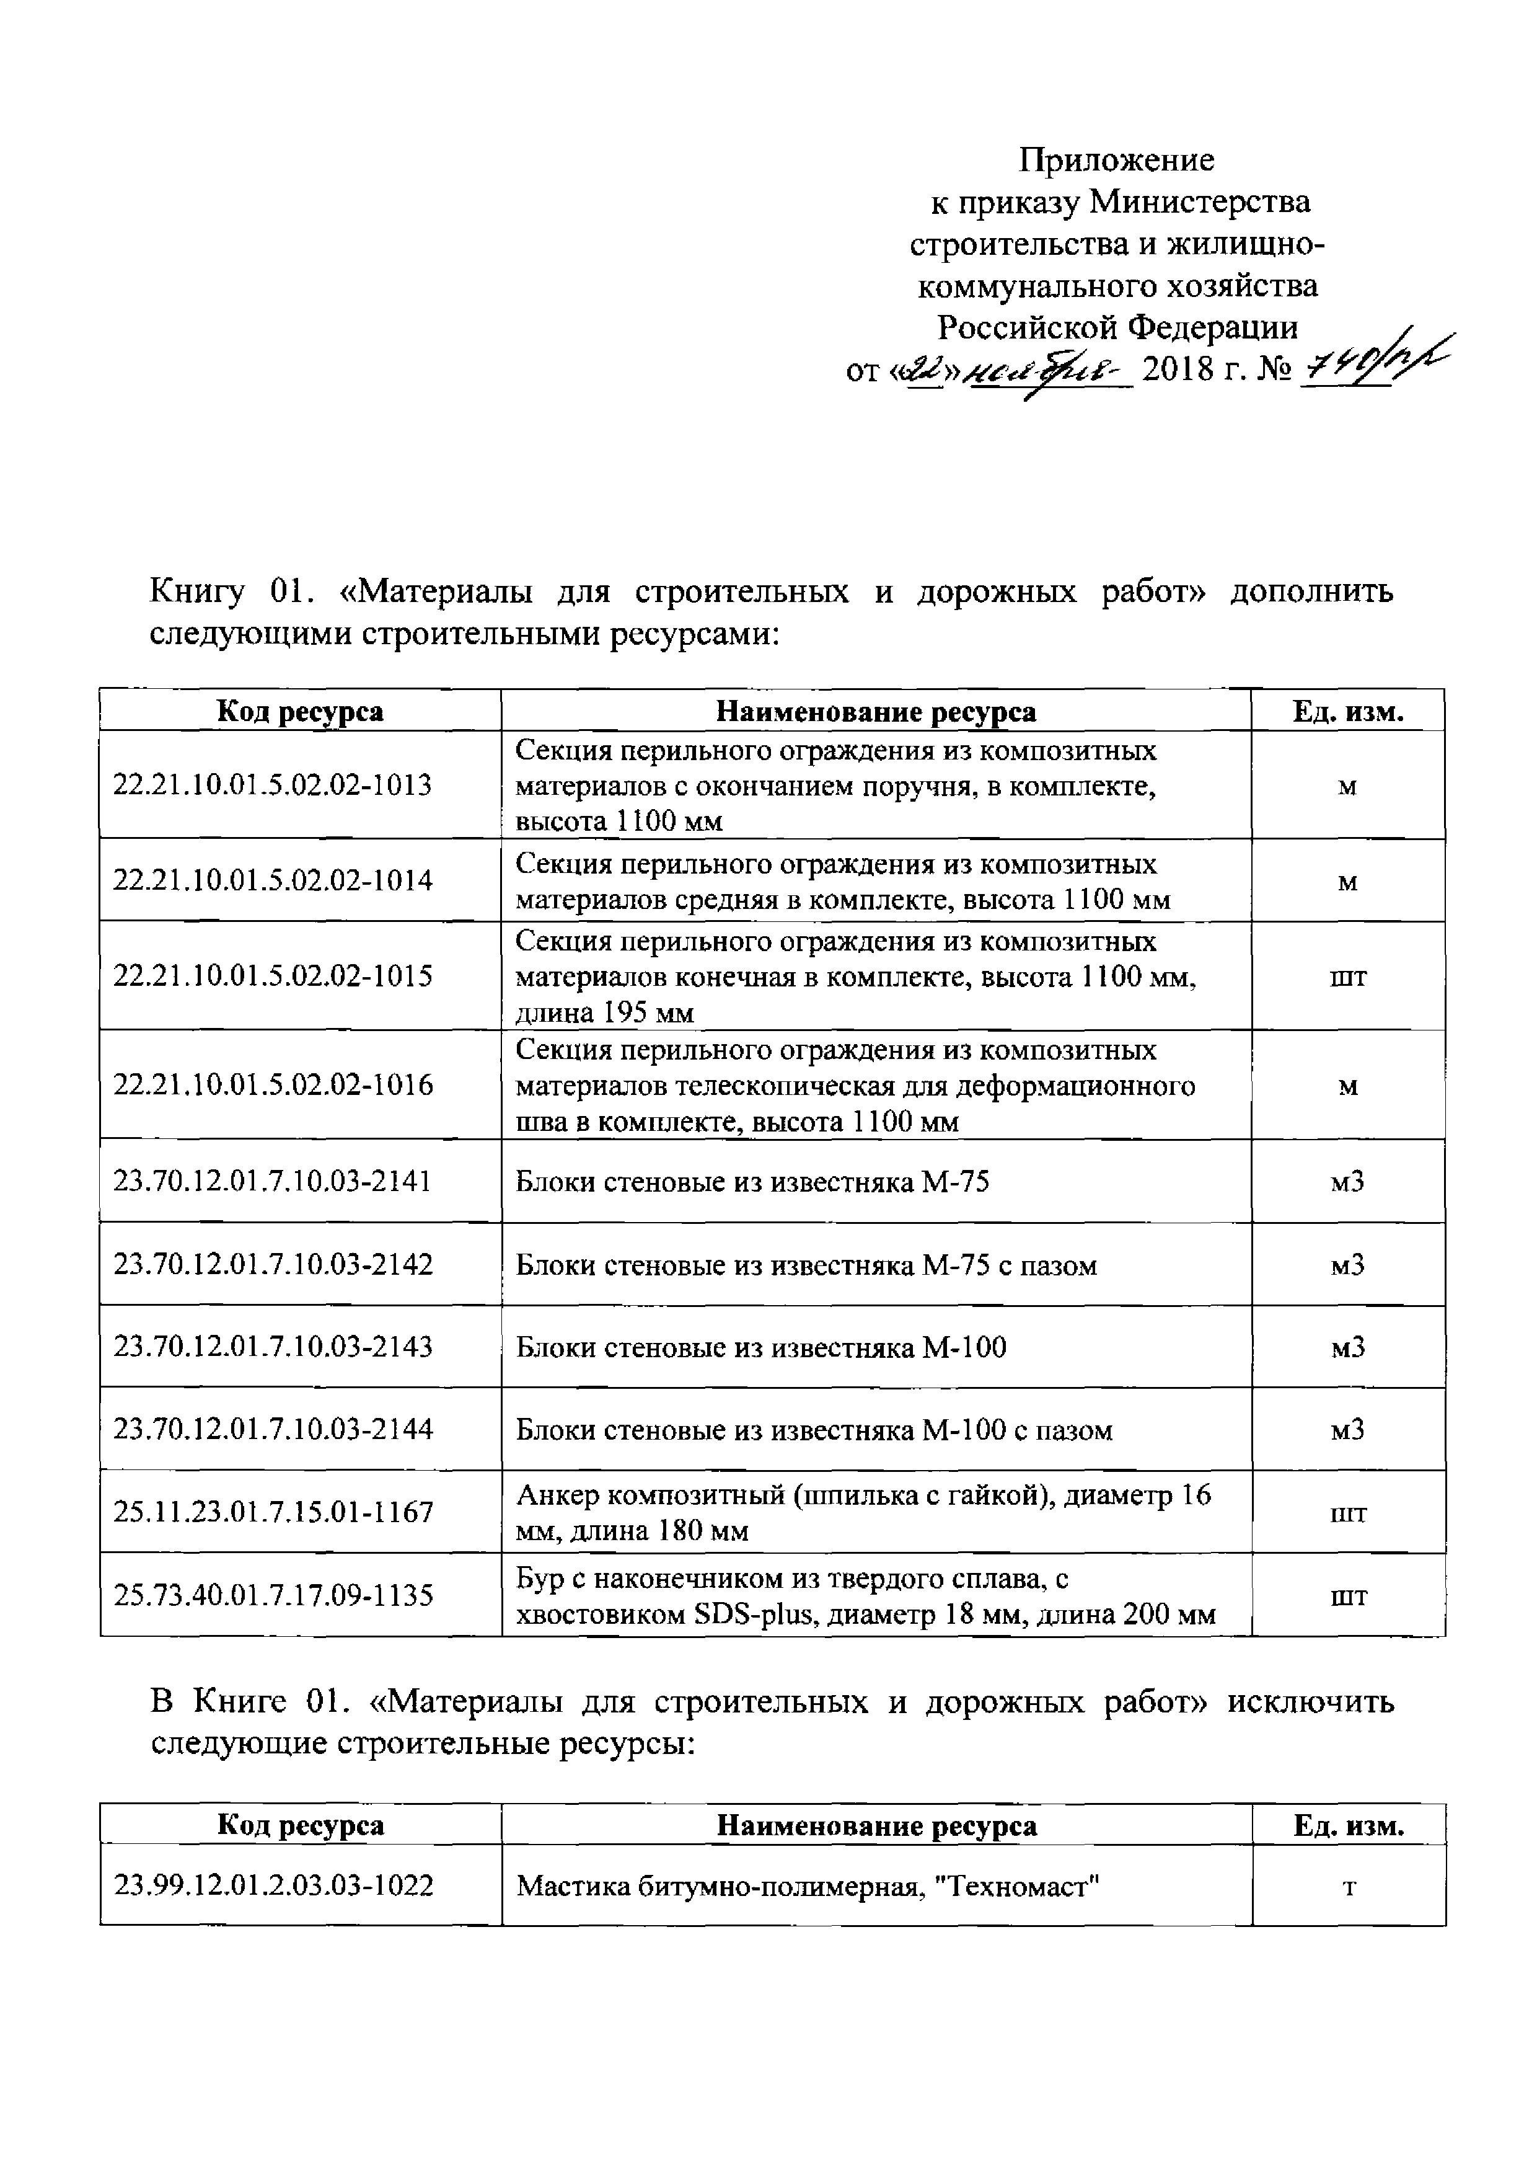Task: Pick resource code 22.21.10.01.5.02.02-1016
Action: [x=273, y=1084]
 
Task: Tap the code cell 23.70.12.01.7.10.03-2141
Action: [x=273, y=1181]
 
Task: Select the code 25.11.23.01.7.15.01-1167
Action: [x=273, y=1512]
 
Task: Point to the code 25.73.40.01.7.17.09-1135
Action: [x=273, y=1596]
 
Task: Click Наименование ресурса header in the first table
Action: [x=875, y=711]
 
